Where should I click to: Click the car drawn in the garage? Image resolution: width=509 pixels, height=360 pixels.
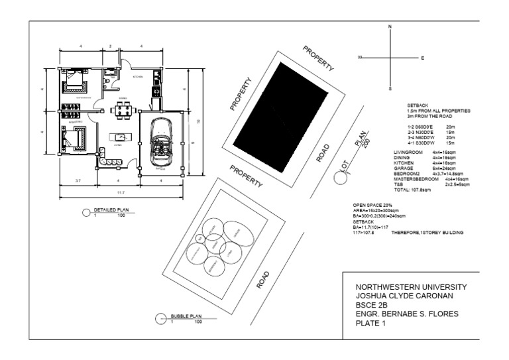coord(160,141)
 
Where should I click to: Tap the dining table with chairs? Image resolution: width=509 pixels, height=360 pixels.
coord(123,110)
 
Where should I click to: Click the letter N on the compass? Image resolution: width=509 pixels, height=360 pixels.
coord(390,27)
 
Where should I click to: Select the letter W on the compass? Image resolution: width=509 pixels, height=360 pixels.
coord(361,58)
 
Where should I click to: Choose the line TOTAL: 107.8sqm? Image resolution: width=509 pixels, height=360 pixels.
coord(412,190)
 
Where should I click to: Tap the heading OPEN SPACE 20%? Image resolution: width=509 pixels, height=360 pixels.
coord(372,205)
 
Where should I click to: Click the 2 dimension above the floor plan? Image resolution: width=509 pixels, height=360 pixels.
coord(110,45)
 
